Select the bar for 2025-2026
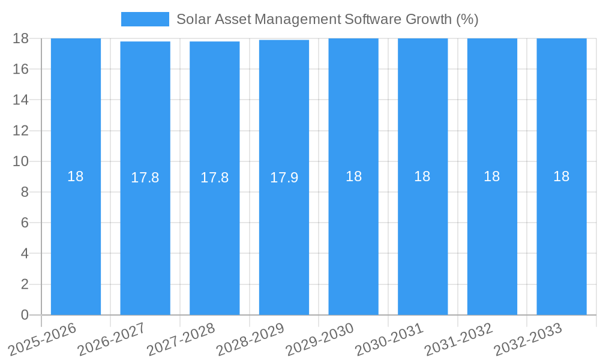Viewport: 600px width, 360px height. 76,240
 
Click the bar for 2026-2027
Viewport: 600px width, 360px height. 145,240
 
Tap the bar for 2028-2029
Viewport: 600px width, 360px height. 284,240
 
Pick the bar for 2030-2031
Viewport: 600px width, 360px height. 422,240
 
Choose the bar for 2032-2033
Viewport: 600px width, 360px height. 562,240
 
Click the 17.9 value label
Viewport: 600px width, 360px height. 284,178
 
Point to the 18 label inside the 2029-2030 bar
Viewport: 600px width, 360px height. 353,176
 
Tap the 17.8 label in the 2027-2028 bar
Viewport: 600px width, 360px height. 214,178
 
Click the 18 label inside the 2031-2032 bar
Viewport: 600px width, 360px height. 492,176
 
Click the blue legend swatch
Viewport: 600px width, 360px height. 145,19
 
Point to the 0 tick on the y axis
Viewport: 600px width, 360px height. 25,315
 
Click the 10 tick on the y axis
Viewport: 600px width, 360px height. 21,161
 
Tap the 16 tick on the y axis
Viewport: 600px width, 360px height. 21,69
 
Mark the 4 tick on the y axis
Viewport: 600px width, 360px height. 25,254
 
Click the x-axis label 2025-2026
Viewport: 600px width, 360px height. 43,338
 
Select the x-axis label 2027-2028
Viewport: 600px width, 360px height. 181,338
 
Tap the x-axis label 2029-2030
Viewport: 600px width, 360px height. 320,338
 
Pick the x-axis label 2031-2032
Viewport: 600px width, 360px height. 458,338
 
